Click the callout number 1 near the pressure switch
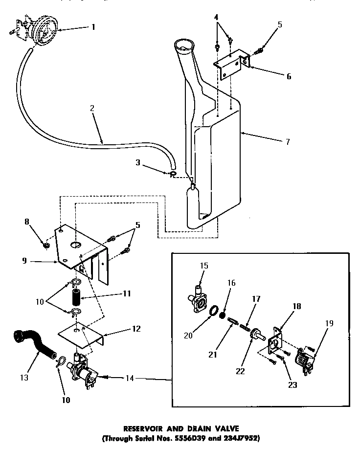tap(92, 27)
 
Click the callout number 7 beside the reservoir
tap(287, 142)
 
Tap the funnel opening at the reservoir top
tap(184, 47)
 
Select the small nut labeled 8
tap(46, 245)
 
